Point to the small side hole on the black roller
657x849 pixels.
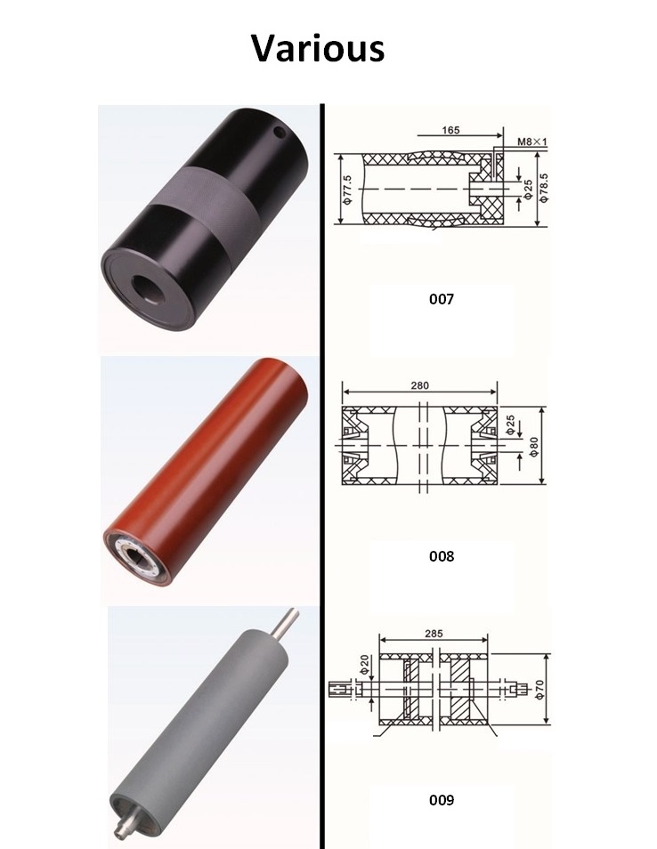(x=281, y=133)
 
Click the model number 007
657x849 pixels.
(x=441, y=299)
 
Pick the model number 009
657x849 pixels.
(x=441, y=799)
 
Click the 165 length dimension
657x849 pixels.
(x=450, y=130)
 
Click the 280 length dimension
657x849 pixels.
(x=420, y=385)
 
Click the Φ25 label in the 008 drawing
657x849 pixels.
(x=510, y=425)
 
